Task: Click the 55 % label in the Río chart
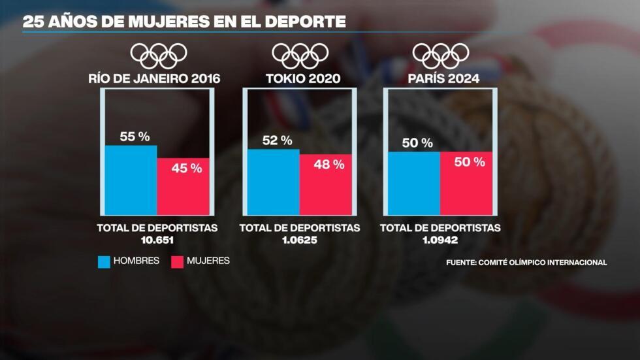(135, 137)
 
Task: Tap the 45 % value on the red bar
(187, 169)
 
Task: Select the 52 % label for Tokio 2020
(277, 140)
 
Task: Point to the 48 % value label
(329, 165)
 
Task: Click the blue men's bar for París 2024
(413, 184)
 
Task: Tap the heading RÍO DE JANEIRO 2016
(155, 79)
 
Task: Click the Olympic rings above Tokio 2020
(300, 56)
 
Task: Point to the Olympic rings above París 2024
(441, 56)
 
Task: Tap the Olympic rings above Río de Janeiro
(159, 56)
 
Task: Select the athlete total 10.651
(157, 240)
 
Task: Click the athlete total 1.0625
(299, 240)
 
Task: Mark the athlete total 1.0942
(440, 240)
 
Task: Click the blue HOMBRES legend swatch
(104, 261)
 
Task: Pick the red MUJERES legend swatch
(177, 261)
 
